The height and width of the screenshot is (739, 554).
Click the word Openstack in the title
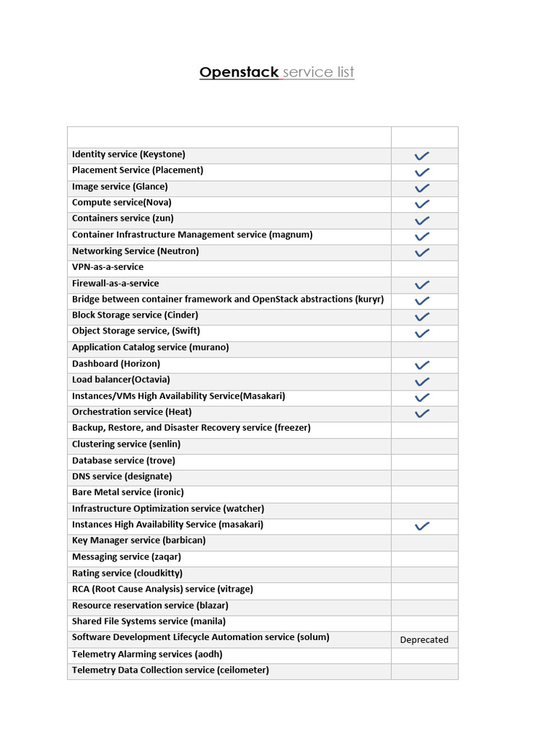(x=239, y=72)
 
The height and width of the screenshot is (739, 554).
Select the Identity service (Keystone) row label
(x=128, y=154)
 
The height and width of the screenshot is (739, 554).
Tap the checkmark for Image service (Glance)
(x=422, y=188)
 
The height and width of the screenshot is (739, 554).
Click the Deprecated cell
(x=424, y=639)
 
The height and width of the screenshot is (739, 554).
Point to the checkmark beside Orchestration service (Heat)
(x=422, y=414)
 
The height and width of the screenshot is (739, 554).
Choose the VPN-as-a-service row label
(x=107, y=267)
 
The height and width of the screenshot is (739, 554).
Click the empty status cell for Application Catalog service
(x=424, y=349)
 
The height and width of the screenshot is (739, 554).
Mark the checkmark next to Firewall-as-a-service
(x=422, y=284)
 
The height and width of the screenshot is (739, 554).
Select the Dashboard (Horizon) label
(x=116, y=364)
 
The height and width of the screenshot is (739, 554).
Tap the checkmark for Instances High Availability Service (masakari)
(x=422, y=526)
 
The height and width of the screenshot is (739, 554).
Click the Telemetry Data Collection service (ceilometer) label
(x=170, y=670)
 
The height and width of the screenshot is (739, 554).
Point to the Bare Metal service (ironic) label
(x=128, y=492)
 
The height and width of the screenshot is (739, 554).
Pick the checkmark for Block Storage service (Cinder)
(x=422, y=317)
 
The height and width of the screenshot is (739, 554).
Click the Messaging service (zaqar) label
(x=126, y=557)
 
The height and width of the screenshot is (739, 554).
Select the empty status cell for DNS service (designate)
(x=424, y=477)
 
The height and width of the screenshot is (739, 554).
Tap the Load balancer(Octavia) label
(x=120, y=380)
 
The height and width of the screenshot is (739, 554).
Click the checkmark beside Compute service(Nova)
(x=422, y=204)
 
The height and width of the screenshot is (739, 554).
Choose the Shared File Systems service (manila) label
(x=149, y=621)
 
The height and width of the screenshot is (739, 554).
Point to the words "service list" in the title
(x=318, y=72)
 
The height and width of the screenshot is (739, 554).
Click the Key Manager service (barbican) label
(x=138, y=541)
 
